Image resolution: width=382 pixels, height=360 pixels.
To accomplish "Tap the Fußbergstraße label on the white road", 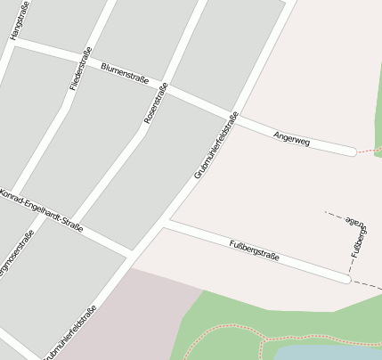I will (255, 250).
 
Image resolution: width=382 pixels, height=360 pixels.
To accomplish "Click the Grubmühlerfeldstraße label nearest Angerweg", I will (216, 145).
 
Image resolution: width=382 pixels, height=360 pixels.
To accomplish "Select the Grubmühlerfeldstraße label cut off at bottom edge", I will (69, 333).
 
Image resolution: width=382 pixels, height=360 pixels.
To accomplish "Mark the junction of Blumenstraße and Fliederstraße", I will (85, 60).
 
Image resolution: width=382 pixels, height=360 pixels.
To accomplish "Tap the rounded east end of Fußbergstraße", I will (345, 279).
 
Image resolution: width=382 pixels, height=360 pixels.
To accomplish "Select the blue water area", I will (329, 353).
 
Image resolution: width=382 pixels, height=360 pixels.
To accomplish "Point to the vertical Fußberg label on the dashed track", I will (359, 241).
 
